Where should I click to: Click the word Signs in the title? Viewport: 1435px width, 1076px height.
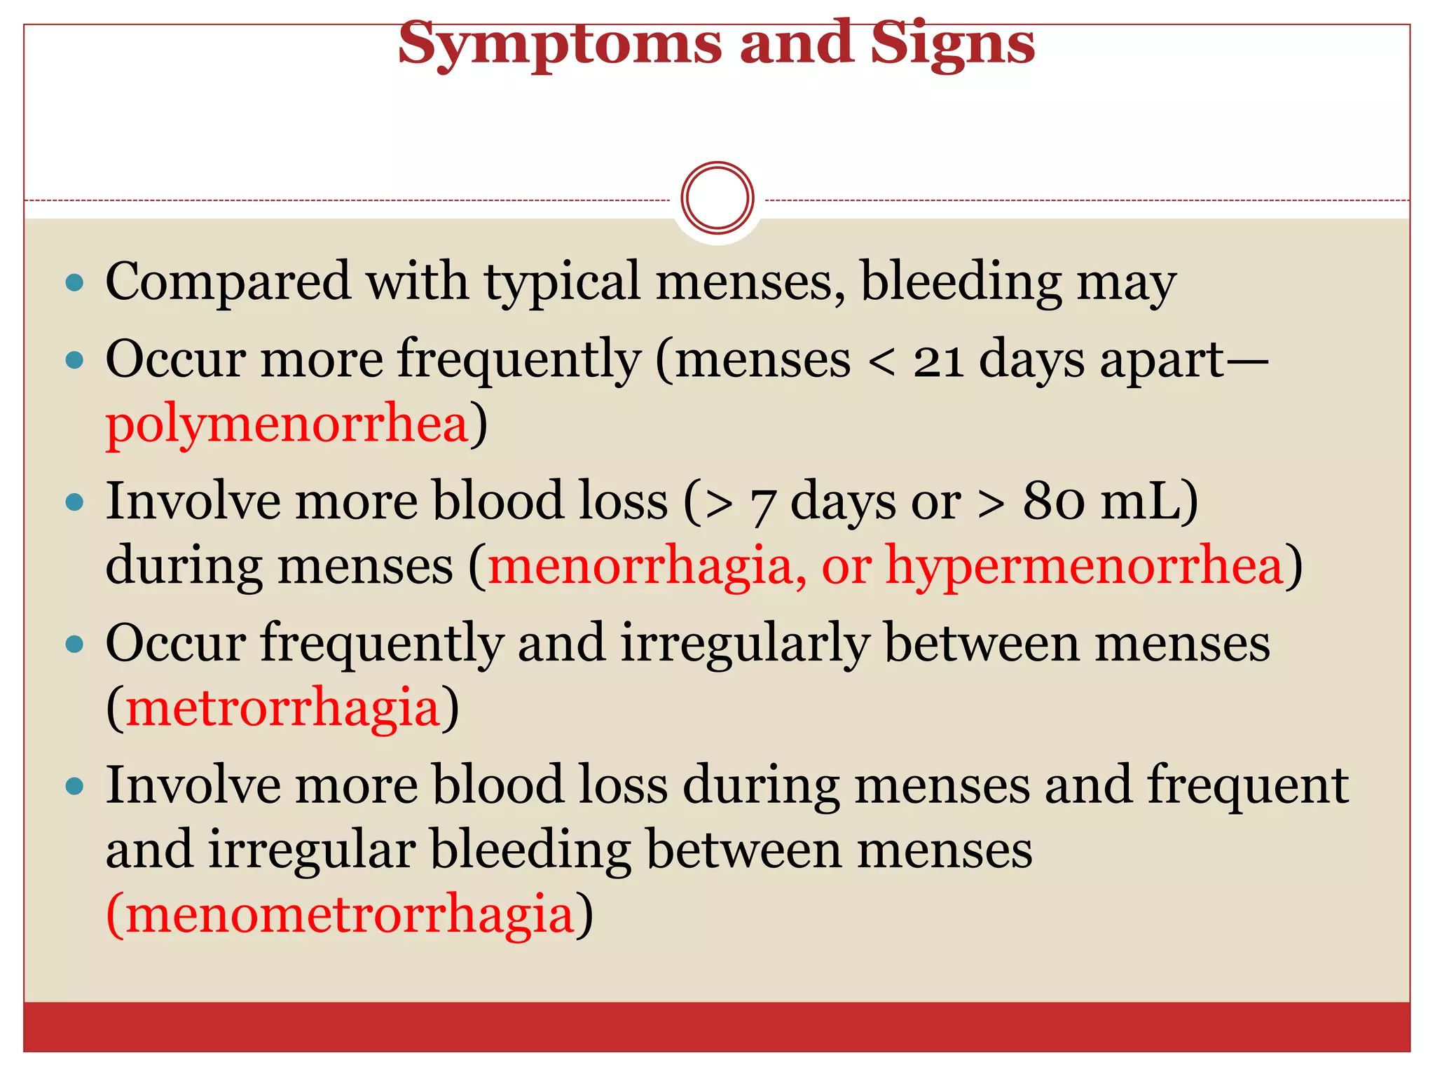click(x=952, y=43)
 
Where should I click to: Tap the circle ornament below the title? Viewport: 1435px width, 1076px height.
click(x=717, y=198)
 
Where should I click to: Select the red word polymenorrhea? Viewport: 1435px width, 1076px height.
click(x=287, y=425)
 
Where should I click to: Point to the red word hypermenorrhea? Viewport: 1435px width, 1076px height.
click(x=1084, y=566)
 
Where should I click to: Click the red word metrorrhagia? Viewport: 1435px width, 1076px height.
click(x=282, y=708)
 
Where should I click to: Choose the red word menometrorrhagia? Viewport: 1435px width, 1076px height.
click(x=350, y=914)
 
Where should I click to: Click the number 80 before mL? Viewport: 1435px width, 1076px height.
click(x=1054, y=502)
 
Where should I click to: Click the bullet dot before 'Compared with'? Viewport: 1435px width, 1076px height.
click(x=74, y=283)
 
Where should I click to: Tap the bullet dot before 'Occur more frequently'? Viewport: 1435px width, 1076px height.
click(x=74, y=361)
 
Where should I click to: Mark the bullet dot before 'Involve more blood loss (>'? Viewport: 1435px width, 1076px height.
click(x=74, y=502)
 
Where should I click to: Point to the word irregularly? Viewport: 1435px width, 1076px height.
click(x=745, y=644)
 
